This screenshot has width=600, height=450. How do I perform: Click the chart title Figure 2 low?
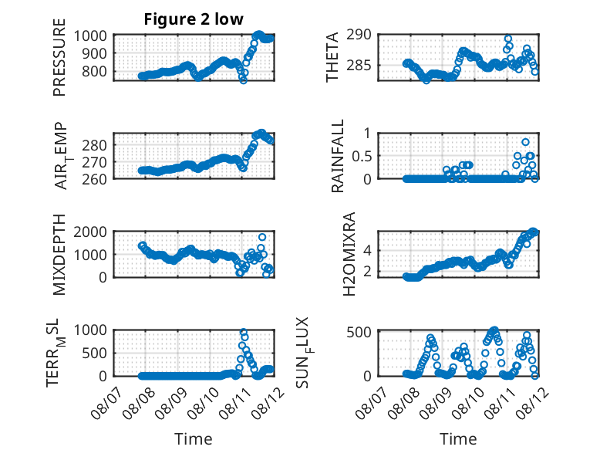tap(194, 19)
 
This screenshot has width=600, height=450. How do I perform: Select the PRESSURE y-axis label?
tap(59, 57)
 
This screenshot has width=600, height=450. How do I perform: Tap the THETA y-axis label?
tap(332, 57)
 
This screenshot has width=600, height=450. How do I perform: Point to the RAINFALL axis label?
tap(338, 156)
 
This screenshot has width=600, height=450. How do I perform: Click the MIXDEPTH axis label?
tap(59, 255)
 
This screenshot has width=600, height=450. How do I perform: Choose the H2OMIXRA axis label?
tap(349, 254)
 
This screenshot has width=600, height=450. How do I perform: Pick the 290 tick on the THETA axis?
tap(359, 35)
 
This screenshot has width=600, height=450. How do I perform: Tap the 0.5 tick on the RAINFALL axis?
tap(362, 156)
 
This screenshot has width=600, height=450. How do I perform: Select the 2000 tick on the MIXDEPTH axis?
tap(90, 232)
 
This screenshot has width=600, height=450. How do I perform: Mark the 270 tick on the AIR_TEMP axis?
tap(94, 162)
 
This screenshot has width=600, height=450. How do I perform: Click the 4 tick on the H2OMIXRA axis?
tap(368, 251)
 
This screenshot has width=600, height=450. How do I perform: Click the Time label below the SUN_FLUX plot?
tap(458, 439)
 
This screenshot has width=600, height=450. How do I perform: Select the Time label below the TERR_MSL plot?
tap(194, 439)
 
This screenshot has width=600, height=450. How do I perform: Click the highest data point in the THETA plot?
tap(507, 39)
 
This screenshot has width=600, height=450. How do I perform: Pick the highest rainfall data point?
tap(525, 142)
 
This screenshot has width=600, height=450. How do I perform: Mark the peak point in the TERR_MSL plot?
tap(244, 332)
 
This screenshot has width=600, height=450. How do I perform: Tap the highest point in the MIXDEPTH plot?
tap(262, 237)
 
